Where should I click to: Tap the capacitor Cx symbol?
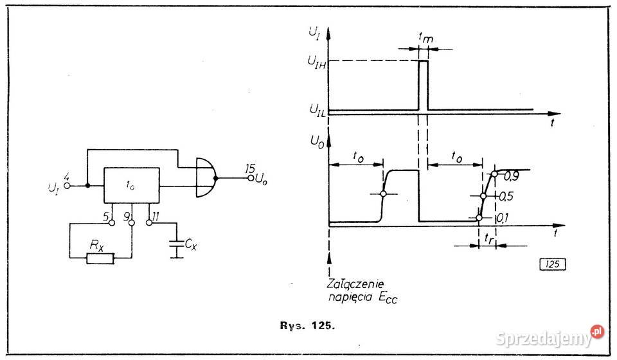(175, 244)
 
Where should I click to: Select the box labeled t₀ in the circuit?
(132, 185)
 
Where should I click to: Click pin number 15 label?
(249, 168)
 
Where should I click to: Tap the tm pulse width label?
(425, 39)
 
